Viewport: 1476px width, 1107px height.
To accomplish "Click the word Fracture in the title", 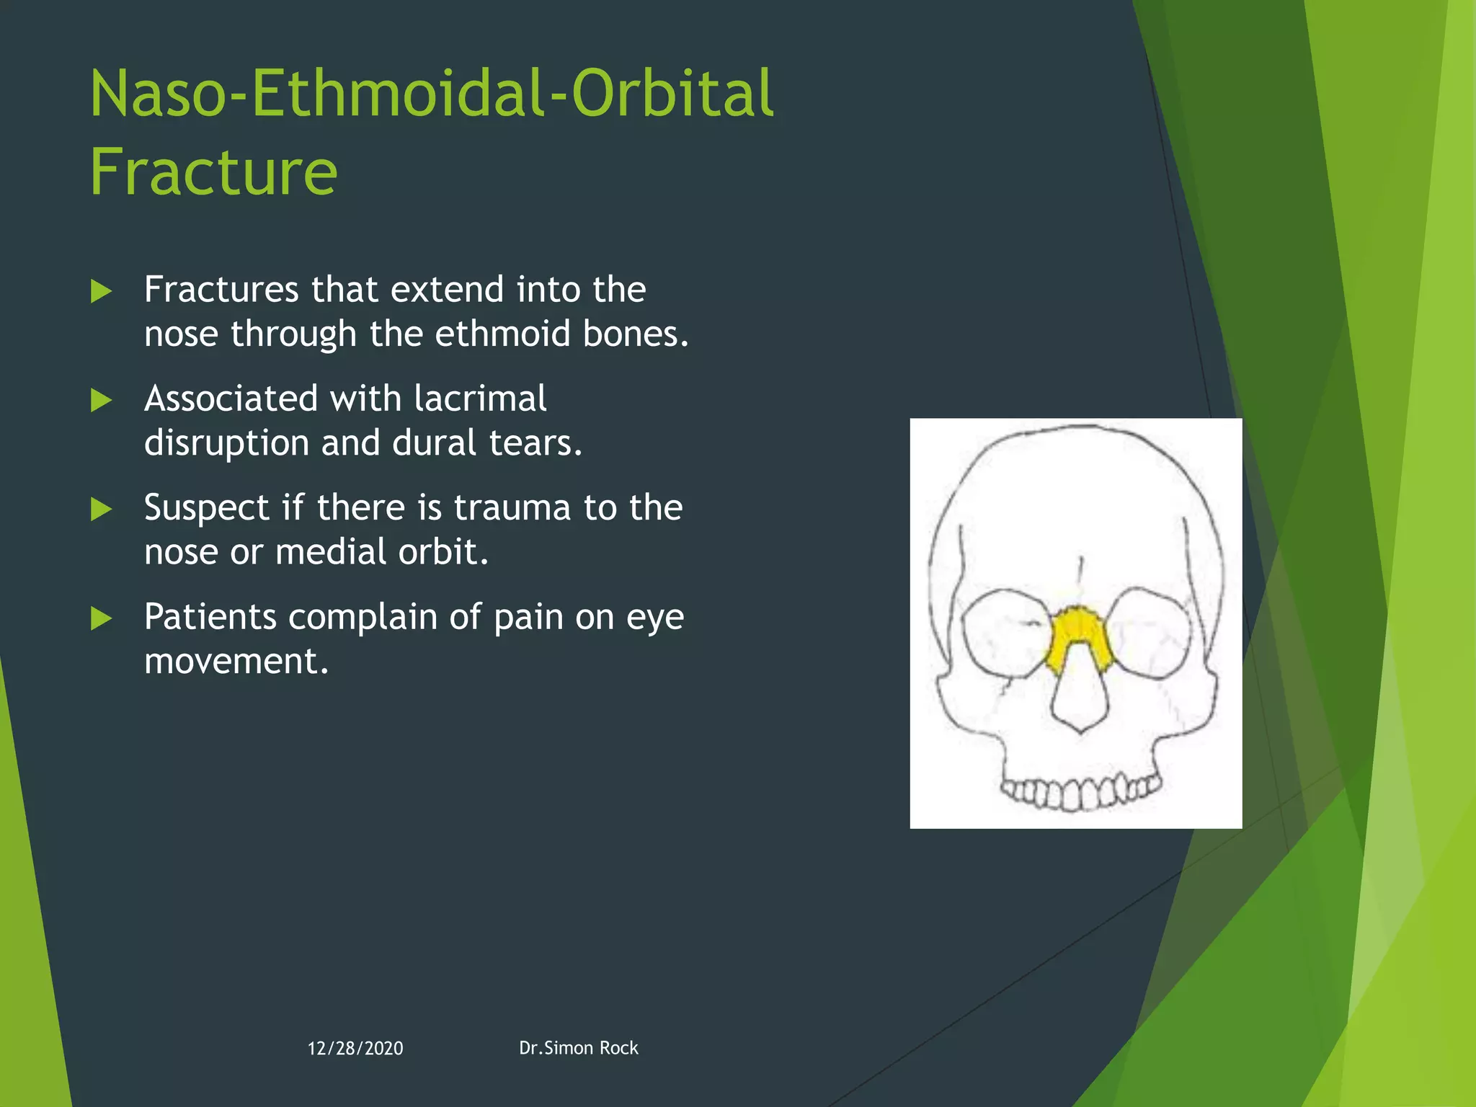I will pyautogui.click(x=213, y=172).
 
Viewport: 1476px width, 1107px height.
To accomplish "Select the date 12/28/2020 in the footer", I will pyautogui.click(x=355, y=1048).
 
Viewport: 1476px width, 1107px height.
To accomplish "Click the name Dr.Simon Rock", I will pyautogui.click(x=578, y=1047).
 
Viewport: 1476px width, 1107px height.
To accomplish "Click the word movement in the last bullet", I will pyautogui.click(x=236, y=661).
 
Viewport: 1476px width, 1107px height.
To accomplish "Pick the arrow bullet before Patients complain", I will pyautogui.click(x=102, y=618).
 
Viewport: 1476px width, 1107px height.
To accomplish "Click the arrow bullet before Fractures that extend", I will pyautogui.click(x=102, y=291).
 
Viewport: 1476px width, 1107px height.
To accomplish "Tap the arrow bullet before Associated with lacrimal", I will pyautogui.click(x=102, y=400).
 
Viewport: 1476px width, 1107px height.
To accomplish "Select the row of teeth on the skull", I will pyautogui.click(x=1079, y=792).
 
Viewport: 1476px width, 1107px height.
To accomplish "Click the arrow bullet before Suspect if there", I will pyautogui.click(x=102, y=509).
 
